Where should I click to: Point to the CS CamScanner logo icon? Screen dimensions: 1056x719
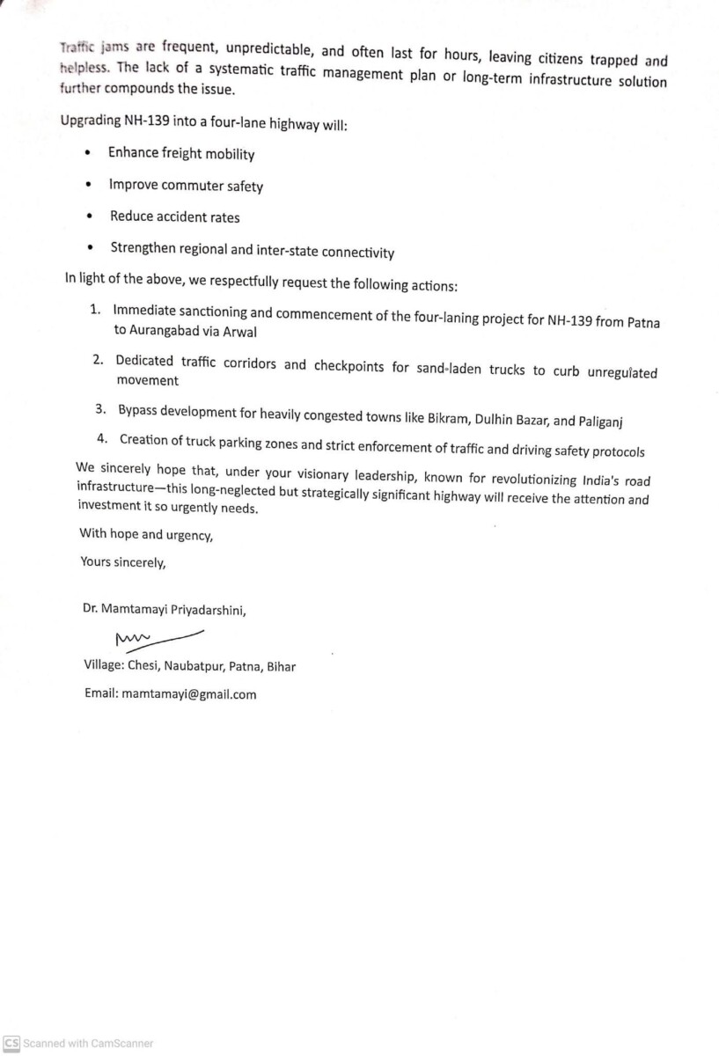(11, 1044)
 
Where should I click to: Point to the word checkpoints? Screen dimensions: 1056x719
(349, 365)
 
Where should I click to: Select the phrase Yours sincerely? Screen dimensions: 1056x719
(122, 562)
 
